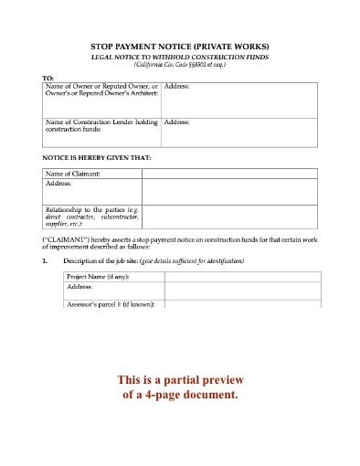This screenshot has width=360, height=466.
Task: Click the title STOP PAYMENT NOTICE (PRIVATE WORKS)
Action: pos(179,45)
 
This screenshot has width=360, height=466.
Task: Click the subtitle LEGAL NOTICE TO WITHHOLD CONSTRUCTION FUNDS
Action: pos(179,56)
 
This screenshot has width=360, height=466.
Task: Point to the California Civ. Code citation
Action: pos(179,65)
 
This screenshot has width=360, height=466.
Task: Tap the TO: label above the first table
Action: pos(48,79)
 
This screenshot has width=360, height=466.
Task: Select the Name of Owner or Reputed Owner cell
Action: pos(101,90)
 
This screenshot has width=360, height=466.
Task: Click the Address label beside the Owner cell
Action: pos(176,86)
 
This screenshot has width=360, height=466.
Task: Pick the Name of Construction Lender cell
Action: pos(101,125)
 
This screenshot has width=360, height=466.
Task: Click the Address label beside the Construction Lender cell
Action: pos(176,121)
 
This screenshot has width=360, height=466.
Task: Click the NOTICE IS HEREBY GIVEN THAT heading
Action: pos(97,158)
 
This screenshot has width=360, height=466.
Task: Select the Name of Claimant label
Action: pos(72,174)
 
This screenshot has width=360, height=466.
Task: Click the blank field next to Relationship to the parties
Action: pos(228,217)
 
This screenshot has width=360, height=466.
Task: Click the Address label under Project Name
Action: pos(80,286)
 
